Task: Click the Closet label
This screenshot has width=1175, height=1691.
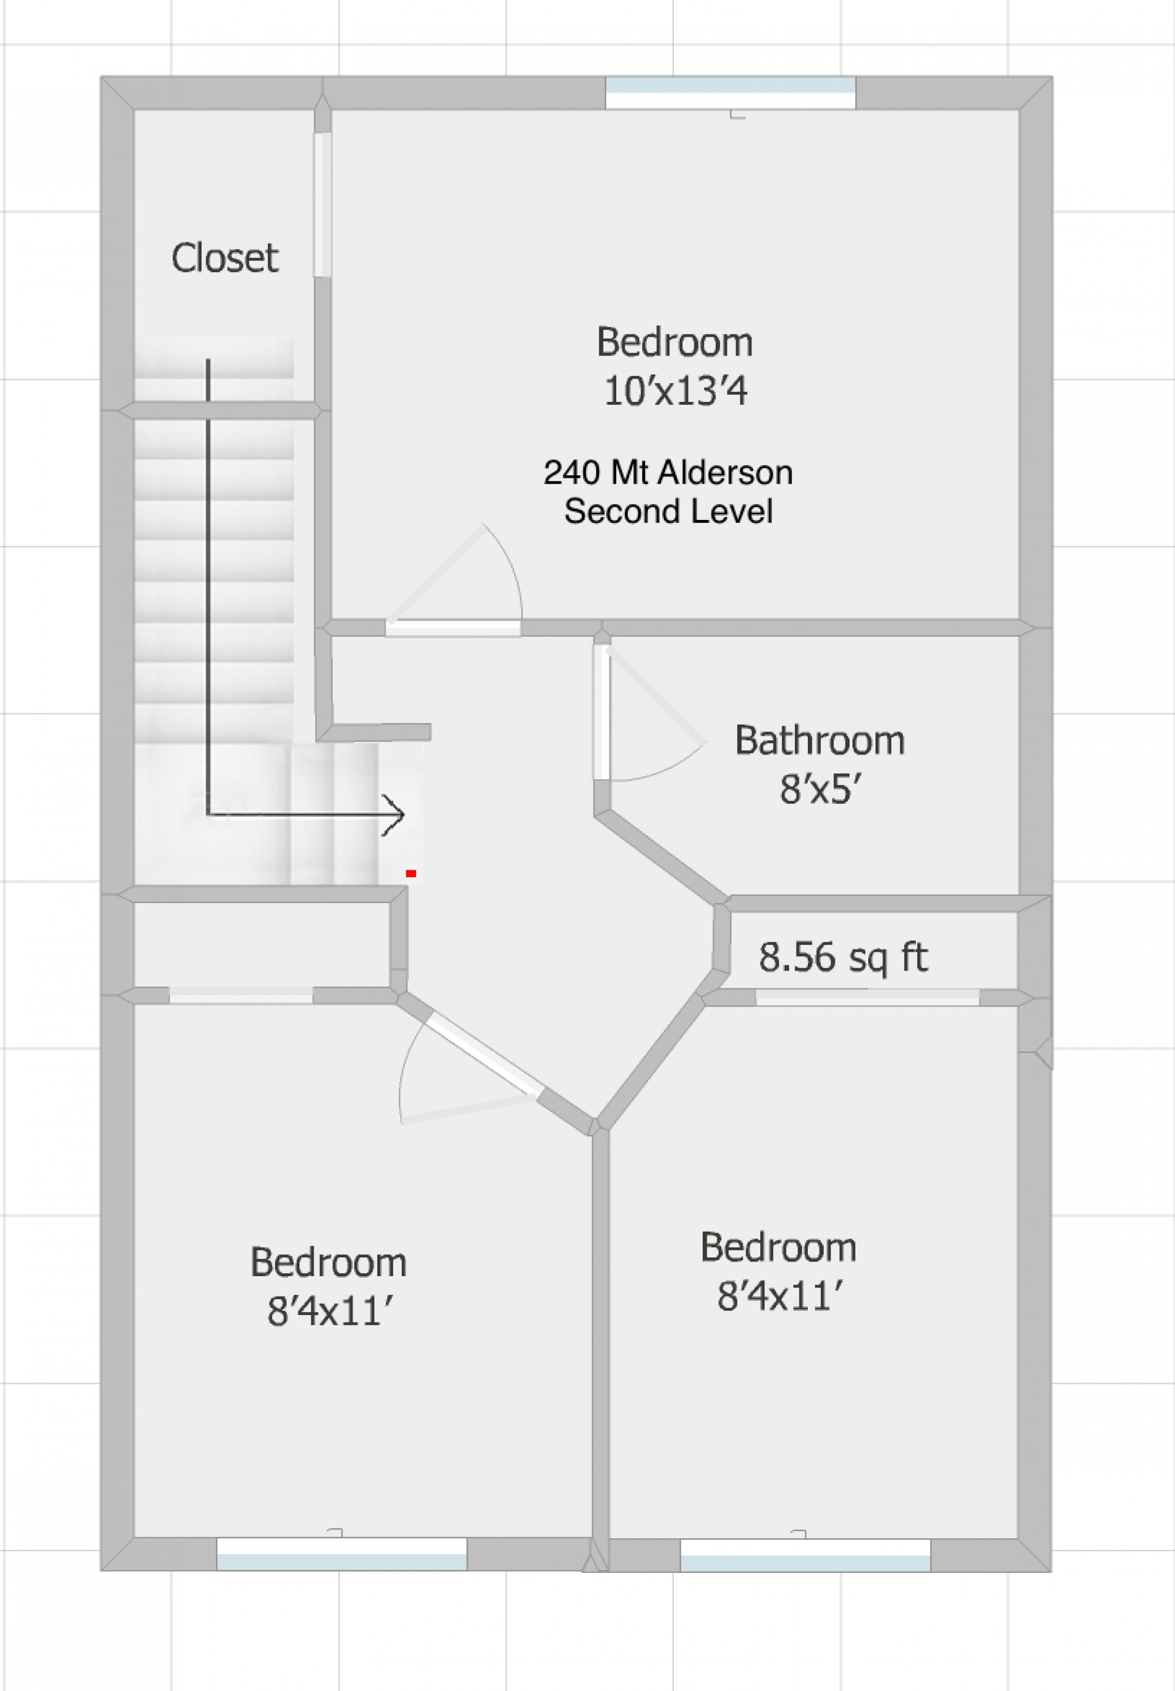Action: tap(224, 258)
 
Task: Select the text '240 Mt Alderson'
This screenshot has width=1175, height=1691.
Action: tap(668, 472)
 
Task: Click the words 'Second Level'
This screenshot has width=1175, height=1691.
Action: tap(668, 512)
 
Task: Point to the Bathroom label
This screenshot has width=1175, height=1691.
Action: tap(820, 740)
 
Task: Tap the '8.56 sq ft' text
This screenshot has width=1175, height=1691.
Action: tap(843, 958)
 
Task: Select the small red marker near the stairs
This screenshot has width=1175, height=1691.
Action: tap(411, 873)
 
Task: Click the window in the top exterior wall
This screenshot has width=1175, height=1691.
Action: tap(730, 93)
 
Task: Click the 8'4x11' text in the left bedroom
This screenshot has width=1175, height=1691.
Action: tap(328, 1312)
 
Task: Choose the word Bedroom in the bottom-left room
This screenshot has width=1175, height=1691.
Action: tap(328, 1263)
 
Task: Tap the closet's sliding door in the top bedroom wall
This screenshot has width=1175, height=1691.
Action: tap(322, 204)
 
